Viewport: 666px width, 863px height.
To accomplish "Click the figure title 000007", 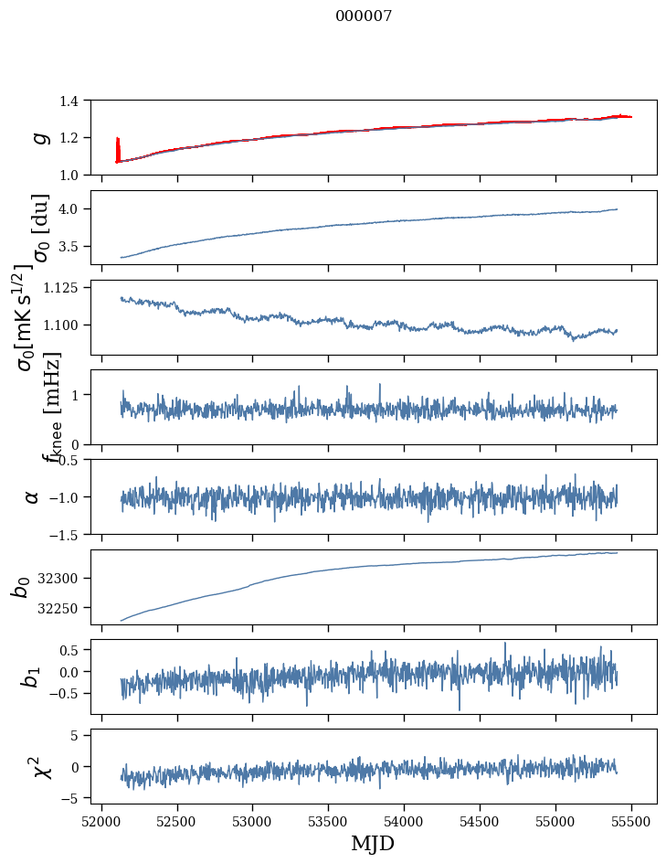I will (364, 16).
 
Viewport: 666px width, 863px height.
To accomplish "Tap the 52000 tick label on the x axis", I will (101, 819).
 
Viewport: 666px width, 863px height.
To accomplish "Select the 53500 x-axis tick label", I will (328, 819).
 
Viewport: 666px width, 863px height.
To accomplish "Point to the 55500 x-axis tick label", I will (631, 819).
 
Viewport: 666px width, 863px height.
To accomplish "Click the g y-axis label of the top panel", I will (37, 137).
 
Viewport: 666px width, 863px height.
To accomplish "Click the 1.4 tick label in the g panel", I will (73, 101).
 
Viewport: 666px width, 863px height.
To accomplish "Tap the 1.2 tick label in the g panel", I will (73, 138).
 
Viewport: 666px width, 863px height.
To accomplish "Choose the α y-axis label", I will (33, 496).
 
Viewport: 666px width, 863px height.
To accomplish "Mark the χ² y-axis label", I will (38, 766).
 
